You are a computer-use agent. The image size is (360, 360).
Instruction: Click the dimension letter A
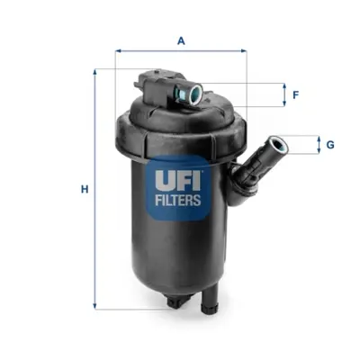tap(181, 40)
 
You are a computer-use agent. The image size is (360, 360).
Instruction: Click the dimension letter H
tap(85, 190)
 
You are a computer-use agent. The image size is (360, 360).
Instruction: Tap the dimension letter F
tap(296, 95)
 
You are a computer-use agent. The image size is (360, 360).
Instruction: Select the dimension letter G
tap(330, 145)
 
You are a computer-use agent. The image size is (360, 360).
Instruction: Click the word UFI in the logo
tap(178, 180)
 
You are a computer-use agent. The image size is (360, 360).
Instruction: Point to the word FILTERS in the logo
tap(178, 200)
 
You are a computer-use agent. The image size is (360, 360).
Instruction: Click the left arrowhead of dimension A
tap(118, 51)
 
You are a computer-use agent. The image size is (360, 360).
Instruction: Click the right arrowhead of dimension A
tap(244, 51)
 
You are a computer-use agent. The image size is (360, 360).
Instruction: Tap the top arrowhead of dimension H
tap(95, 72)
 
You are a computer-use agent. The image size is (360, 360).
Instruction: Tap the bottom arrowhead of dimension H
tap(95, 306)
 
